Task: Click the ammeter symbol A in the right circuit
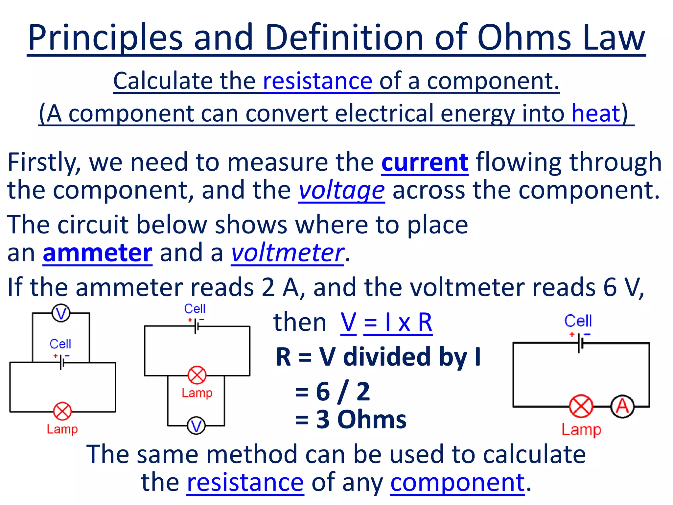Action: pyautogui.click(x=622, y=407)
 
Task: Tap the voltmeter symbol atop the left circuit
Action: pyautogui.click(x=61, y=313)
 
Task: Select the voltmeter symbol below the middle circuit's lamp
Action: pyautogui.click(x=196, y=426)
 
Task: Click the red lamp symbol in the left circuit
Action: pyautogui.click(x=62, y=411)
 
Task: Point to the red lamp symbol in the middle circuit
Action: pyautogui.click(x=197, y=375)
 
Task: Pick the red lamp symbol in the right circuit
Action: pyautogui.click(x=581, y=406)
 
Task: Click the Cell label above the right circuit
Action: pyautogui.click(x=578, y=321)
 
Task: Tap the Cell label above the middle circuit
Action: pyautogui.click(x=195, y=309)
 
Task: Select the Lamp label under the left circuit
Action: pyautogui.click(x=62, y=429)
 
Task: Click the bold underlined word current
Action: pyautogui.click(x=425, y=162)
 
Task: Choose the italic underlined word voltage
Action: pyautogui.click(x=341, y=191)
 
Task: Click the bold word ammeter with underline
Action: pyautogui.click(x=98, y=253)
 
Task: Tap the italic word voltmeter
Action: pyautogui.click(x=288, y=253)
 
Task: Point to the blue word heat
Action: pyautogui.click(x=595, y=113)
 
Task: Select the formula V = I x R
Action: pyautogui.click(x=386, y=323)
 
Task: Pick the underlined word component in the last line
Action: pyautogui.click(x=457, y=483)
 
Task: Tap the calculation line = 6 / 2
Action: pyautogui.click(x=333, y=392)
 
